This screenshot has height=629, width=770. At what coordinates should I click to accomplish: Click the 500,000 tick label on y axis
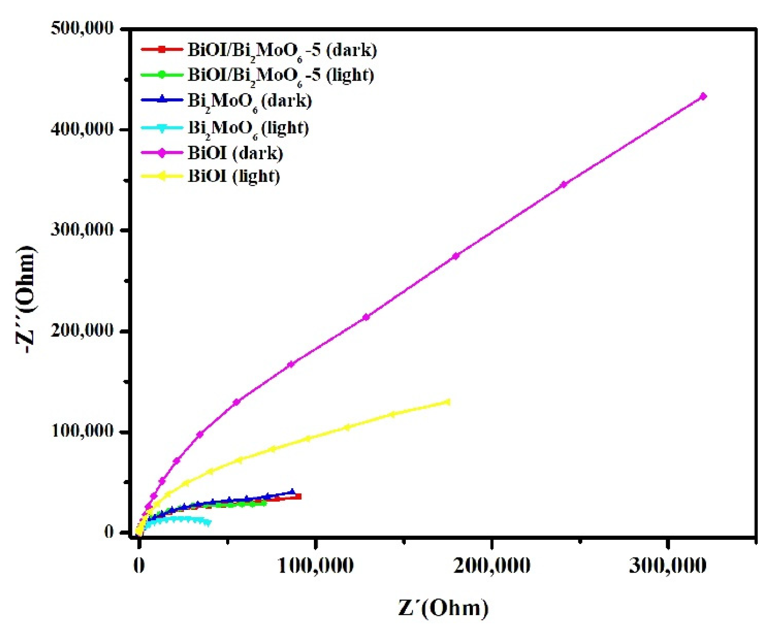[82, 28]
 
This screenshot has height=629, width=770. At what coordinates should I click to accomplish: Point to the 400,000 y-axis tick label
[82, 129]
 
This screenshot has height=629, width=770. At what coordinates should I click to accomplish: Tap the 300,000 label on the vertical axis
[82, 230]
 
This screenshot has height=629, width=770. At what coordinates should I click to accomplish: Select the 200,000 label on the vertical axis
[82, 330]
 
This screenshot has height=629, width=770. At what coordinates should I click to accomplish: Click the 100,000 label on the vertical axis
[82, 431]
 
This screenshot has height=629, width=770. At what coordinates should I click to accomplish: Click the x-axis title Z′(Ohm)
[443, 608]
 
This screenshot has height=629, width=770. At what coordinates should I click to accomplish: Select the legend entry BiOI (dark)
[235, 153]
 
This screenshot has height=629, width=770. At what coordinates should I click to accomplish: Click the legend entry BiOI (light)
[234, 176]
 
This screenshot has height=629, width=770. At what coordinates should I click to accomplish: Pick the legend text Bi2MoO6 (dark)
[250, 101]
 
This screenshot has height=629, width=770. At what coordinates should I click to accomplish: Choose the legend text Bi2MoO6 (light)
[248, 128]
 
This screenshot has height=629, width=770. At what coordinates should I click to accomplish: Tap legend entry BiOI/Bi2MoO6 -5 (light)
[281, 75]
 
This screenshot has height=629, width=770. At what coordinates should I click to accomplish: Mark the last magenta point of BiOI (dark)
[703, 96]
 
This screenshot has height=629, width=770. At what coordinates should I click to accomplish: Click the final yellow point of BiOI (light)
[448, 402]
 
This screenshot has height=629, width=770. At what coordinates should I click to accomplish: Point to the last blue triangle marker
[292, 492]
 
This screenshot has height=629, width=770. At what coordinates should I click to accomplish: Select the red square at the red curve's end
[298, 497]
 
